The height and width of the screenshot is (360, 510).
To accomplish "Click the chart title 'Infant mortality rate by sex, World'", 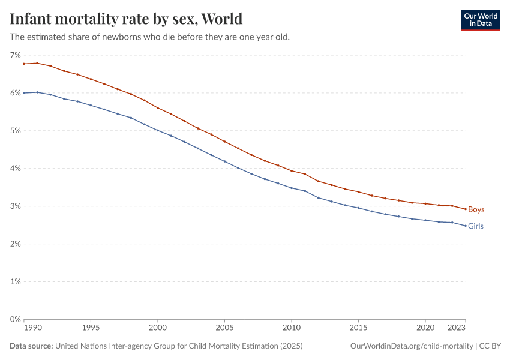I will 126,19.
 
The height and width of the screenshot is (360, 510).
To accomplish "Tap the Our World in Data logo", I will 480,20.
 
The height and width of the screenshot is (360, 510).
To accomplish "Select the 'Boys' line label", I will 476,209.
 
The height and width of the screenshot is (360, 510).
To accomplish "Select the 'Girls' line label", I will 475,226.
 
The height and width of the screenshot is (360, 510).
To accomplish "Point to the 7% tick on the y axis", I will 15,55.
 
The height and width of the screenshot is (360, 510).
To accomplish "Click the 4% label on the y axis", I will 15,169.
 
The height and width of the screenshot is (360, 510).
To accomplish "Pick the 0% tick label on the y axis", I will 15,319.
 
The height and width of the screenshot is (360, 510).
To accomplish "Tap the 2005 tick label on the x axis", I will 224,328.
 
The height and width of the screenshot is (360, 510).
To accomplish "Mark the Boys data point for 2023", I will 465,209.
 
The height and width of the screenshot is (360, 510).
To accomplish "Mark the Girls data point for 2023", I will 465,226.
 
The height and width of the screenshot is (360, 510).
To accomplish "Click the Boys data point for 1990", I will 24,64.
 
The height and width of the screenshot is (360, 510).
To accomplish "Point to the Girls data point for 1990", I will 24,93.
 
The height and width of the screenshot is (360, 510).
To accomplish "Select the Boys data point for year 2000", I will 158,107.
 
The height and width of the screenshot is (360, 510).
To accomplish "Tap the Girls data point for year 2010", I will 292,188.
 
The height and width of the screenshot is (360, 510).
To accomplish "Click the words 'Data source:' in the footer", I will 31,346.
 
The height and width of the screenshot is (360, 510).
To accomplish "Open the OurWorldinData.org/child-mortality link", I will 411,346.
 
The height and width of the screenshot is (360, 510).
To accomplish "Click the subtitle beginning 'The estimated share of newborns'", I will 150,37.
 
